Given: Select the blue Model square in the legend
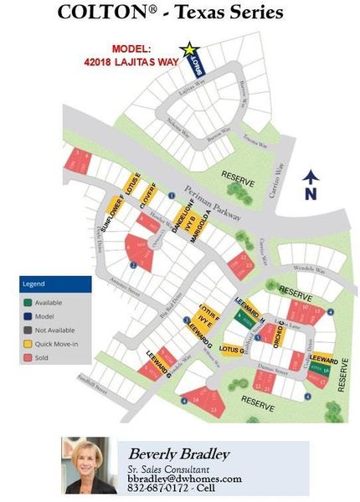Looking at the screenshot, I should [x=28, y=315].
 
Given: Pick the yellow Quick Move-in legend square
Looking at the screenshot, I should [x=28, y=342].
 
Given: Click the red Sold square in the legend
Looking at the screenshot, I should [x=28, y=356].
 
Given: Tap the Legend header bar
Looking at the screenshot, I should [x=55, y=284].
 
